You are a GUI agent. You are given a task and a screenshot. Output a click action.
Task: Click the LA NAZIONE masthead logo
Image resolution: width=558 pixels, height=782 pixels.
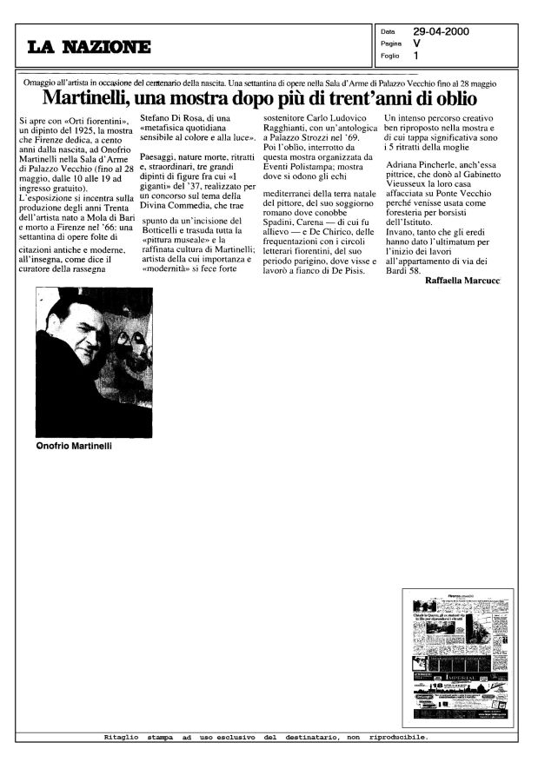[x=89, y=46]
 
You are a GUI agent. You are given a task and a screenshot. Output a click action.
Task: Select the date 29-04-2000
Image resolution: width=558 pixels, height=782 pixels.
[x=441, y=31]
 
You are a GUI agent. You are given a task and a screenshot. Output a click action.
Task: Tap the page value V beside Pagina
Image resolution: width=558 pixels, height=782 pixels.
[x=417, y=43]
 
